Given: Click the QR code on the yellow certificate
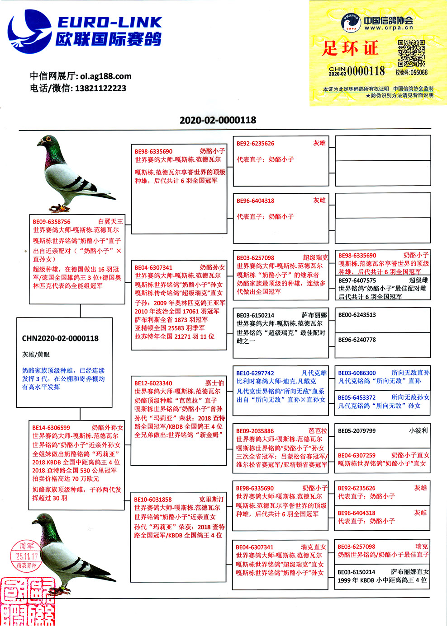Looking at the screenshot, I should [x=411, y=52].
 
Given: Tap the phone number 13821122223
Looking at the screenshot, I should [x=100, y=88].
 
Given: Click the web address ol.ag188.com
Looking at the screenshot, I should [x=106, y=76].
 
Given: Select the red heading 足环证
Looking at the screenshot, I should [x=350, y=48].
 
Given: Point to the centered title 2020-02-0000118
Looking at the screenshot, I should [x=218, y=120].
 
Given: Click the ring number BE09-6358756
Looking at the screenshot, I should [x=52, y=222].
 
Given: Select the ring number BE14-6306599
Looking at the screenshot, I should [x=51, y=427].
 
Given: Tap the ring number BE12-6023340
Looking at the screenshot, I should [x=153, y=383].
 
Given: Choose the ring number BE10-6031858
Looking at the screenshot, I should [x=153, y=500].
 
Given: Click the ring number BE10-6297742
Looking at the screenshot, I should [x=255, y=373].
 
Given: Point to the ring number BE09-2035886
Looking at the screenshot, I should [x=255, y=431].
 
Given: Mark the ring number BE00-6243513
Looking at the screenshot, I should [x=357, y=315].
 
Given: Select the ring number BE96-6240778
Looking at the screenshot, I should [x=357, y=340].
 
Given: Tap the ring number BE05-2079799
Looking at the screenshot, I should [x=357, y=431].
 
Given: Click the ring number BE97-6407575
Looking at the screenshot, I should [x=357, y=280].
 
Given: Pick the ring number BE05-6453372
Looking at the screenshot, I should [x=357, y=397].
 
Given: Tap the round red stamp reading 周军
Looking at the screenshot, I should [x=26, y=555].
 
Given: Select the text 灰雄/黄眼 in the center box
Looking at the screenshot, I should [x=36, y=355].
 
